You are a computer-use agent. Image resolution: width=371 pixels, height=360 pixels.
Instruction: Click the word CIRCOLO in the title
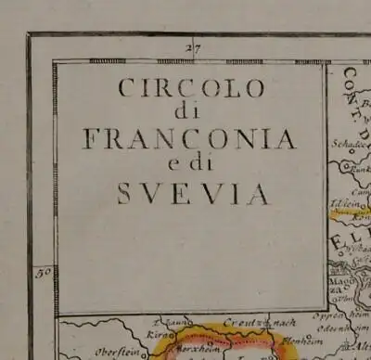coord(192,89)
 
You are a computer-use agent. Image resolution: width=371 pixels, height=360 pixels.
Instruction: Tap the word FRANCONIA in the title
coord(189,139)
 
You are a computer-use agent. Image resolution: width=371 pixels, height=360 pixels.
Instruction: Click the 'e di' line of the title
coord(193,166)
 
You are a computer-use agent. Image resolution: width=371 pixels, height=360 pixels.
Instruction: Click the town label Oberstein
coord(109,352)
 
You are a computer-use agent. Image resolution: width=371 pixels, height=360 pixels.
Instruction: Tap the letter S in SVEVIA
coord(124,193)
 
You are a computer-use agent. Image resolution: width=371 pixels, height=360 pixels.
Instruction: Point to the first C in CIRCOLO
coord(127,90)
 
